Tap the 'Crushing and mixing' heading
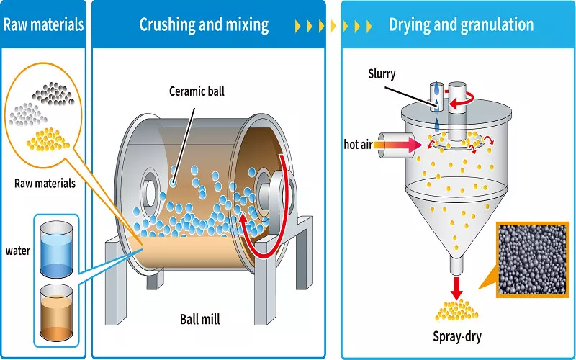pos(204,24)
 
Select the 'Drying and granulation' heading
pos(461,24)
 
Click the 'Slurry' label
pos(381,74)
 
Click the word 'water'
pos(18,251)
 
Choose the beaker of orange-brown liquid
pos(57,311)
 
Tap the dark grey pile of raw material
pos(55,92)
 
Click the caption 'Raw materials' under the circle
pos(45,184)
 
